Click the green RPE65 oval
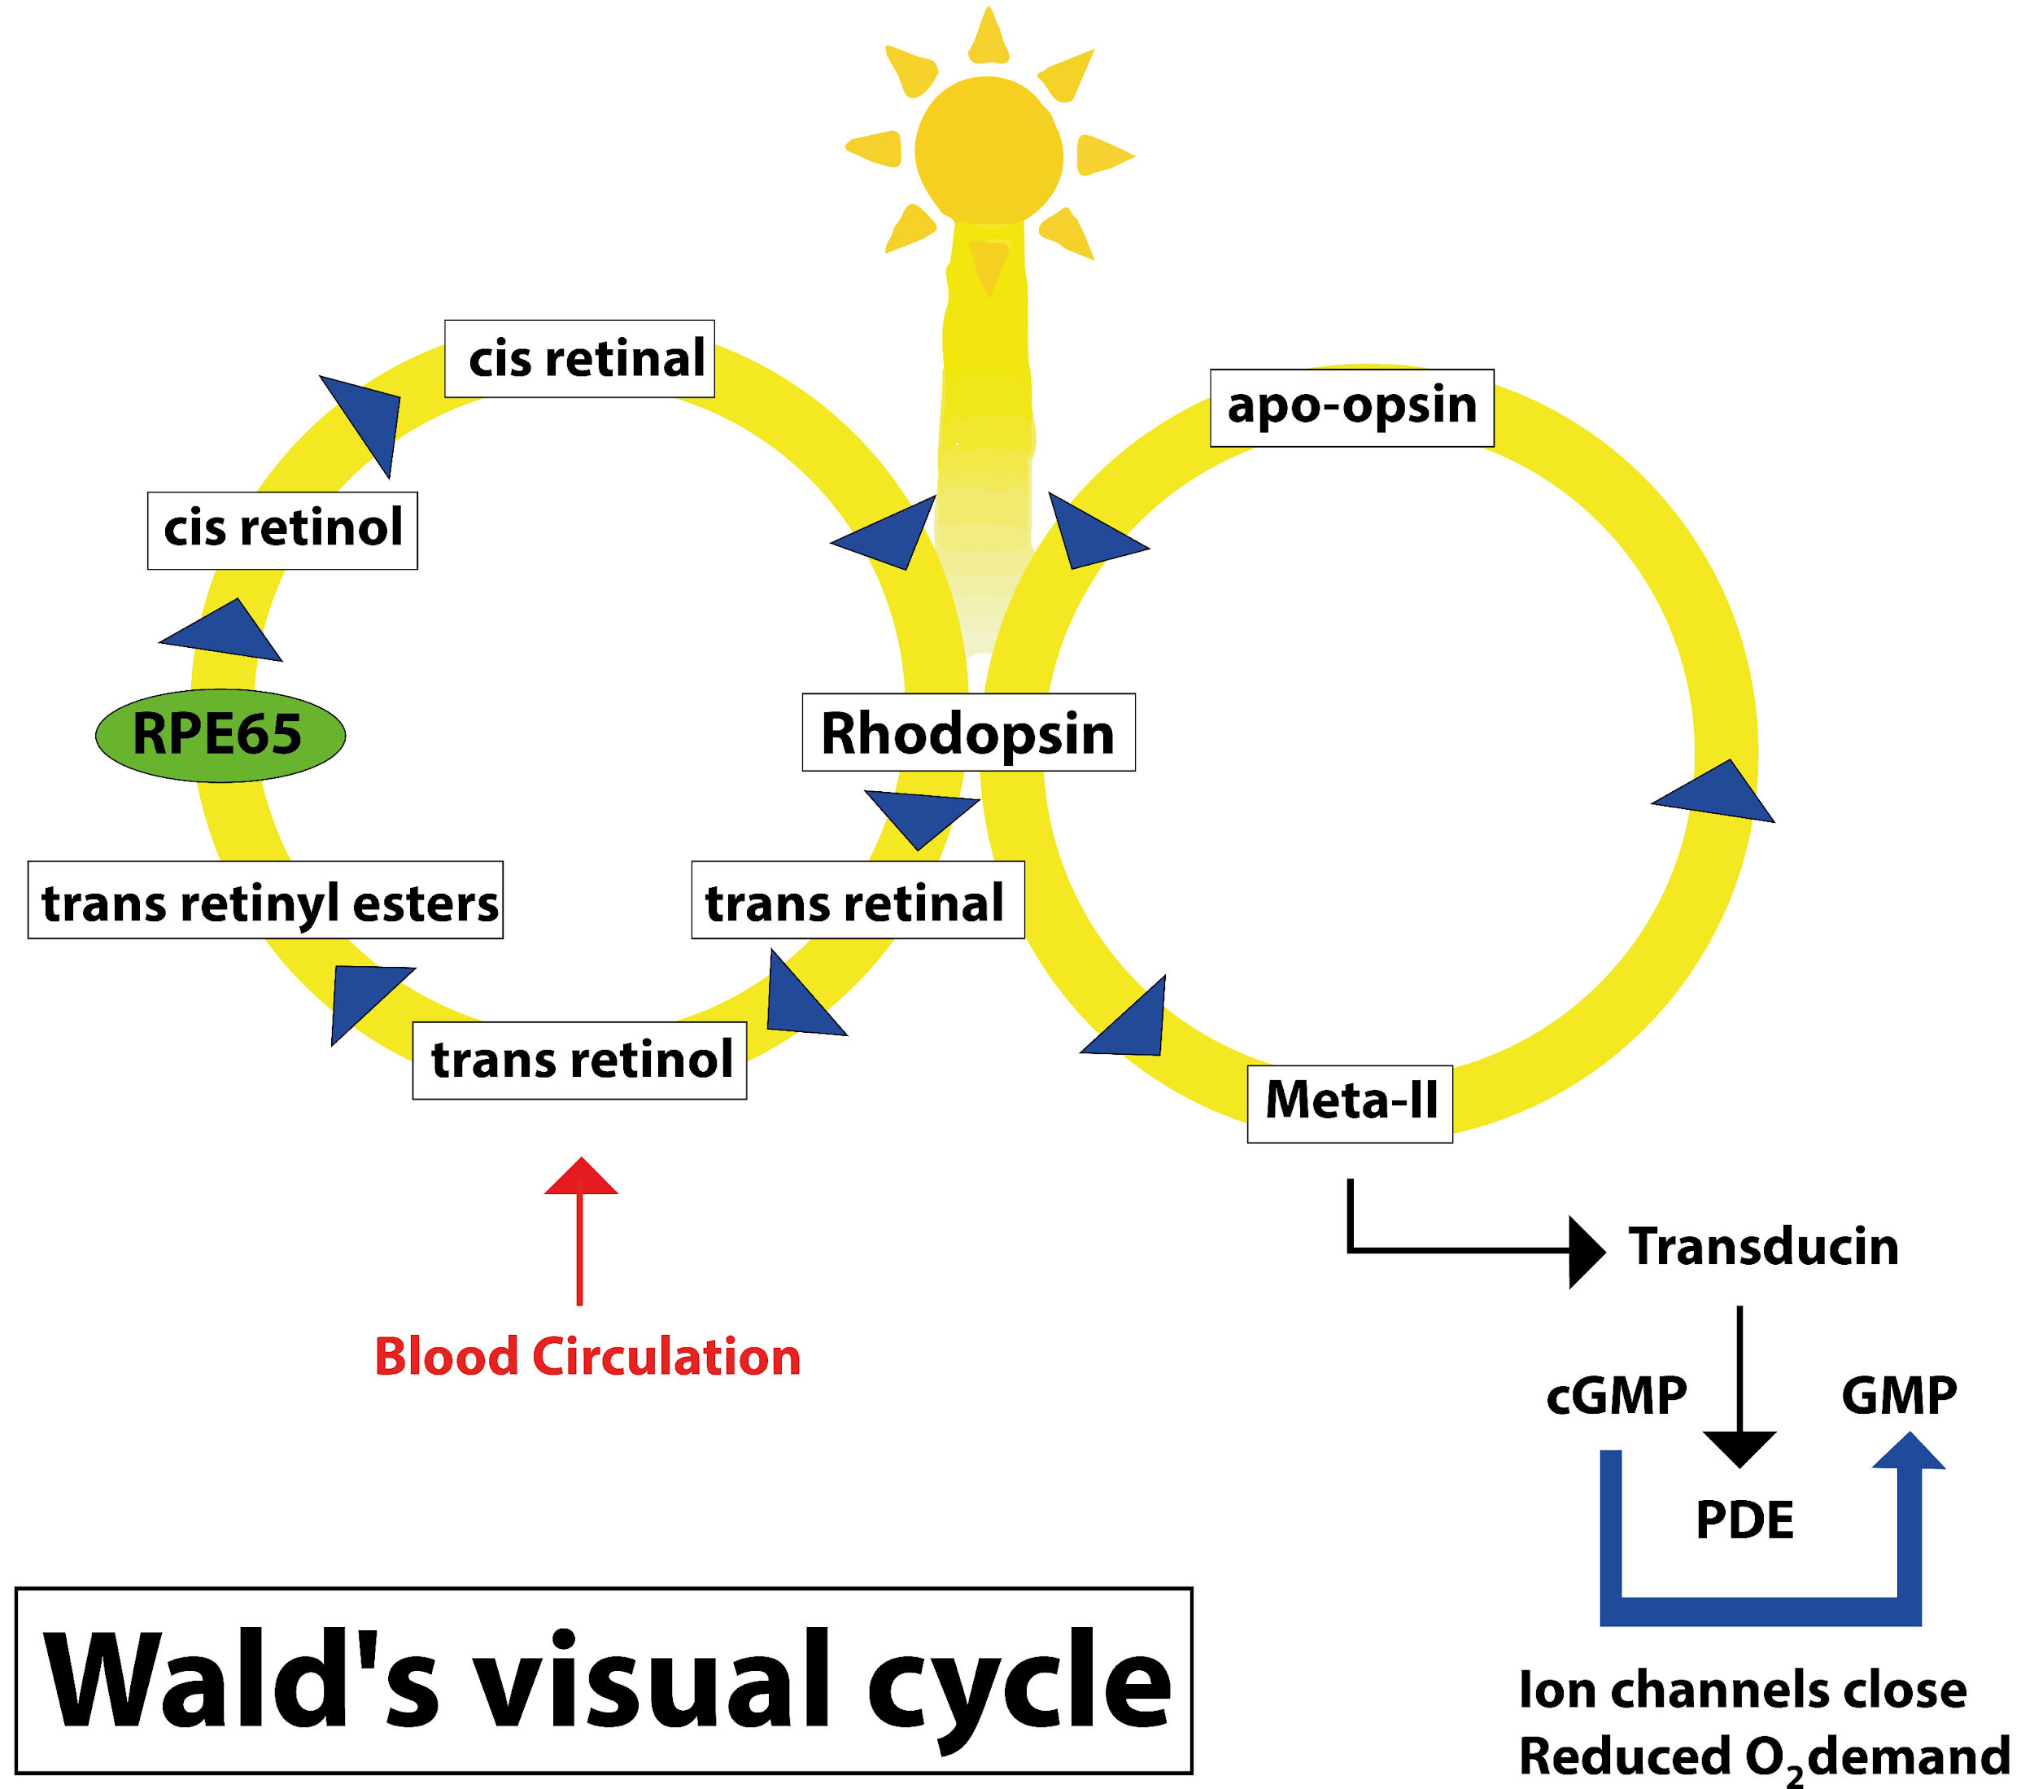point(220,735)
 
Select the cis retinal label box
point(579,358)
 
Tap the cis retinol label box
point(282,530)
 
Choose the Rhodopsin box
point(968,733)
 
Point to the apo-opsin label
point(1351,407)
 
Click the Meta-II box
point(1350,1103)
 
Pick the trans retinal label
point(858,900)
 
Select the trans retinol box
point(579,1061)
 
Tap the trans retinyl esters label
point(266,900)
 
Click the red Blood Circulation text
point(587,1357)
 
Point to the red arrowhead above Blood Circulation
point(581,1178)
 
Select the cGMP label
point(1616,1395)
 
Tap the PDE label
point(1744,1520)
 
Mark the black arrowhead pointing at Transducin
point(1585,1251)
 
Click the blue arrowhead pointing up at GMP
point(1908,1453)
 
